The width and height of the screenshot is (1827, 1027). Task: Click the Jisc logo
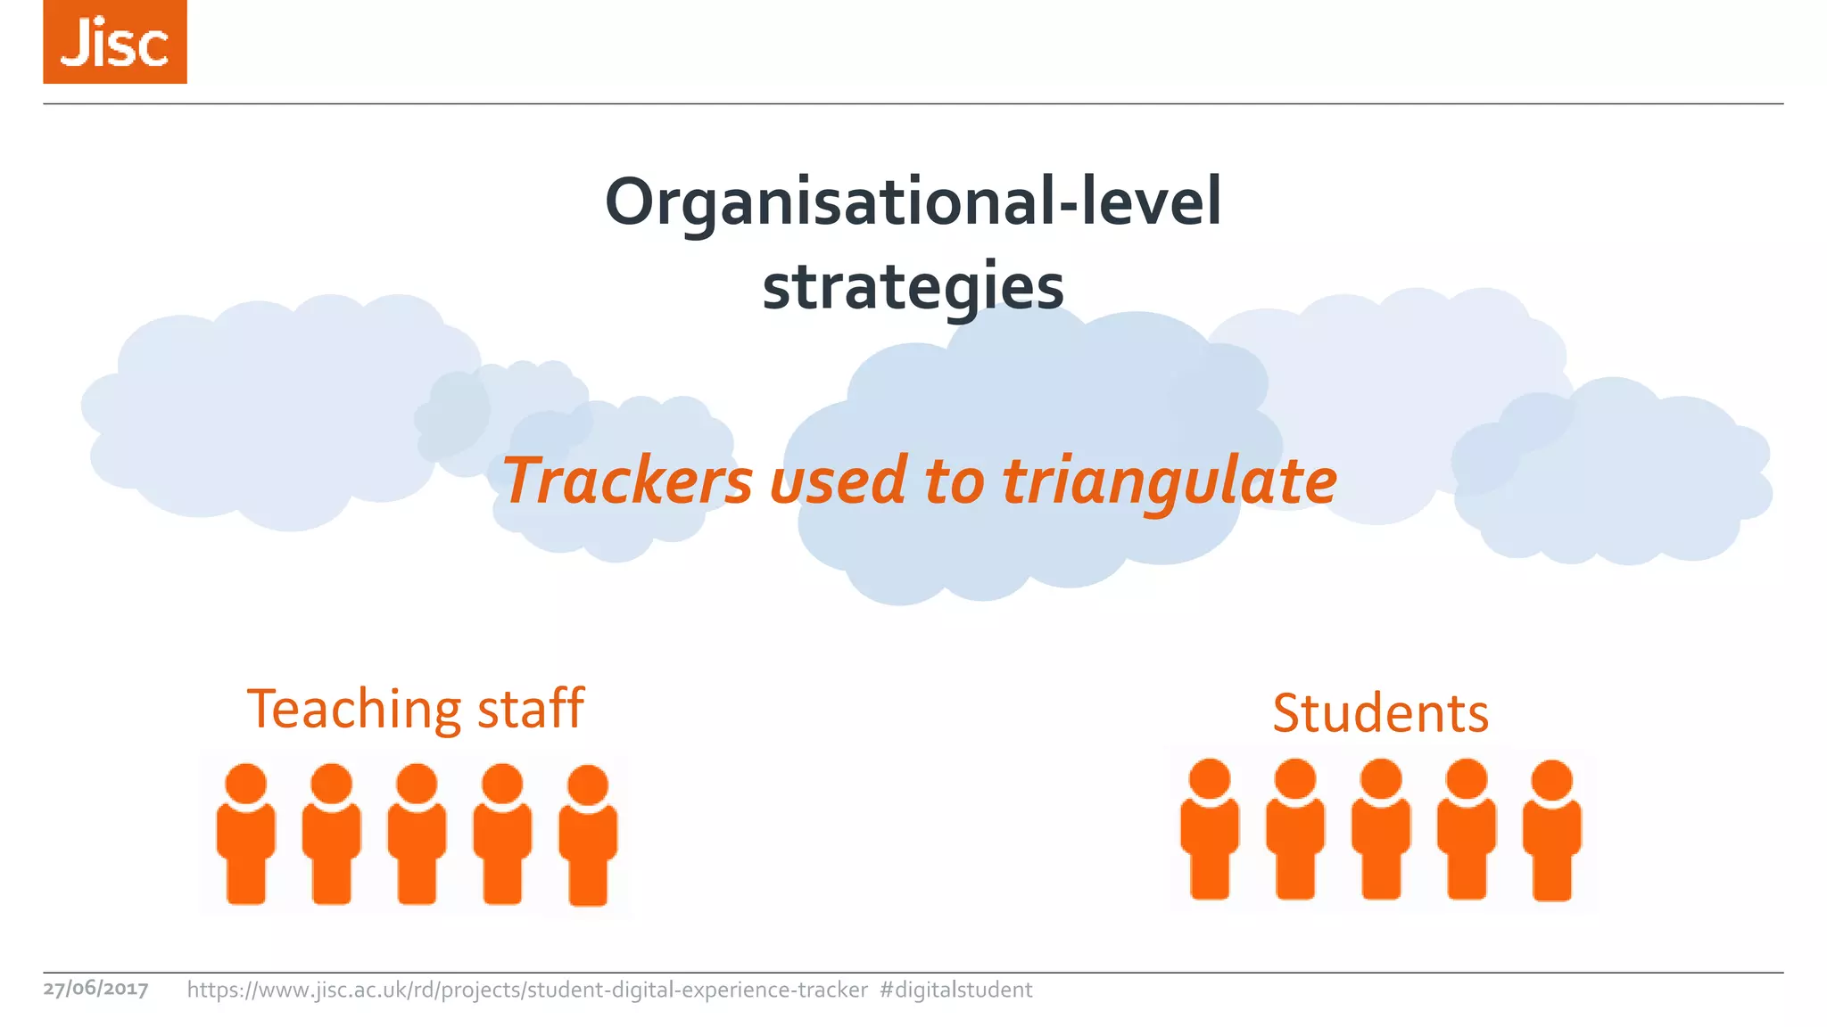click(115, 42)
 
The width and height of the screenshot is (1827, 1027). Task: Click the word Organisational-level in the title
click(913, 202)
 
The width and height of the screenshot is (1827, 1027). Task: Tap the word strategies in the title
click(913, 287)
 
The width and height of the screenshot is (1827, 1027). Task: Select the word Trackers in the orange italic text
click(628, 481)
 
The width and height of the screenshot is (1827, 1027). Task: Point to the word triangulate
click(1170, 481)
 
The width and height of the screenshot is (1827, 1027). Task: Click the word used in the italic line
click(838, 481)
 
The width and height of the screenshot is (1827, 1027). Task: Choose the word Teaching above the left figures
click(354, 710)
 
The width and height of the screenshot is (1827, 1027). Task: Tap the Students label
click(1380, 713)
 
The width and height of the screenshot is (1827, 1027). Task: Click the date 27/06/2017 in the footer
click(95, 989)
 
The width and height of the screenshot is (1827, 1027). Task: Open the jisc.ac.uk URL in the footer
click(527, 990)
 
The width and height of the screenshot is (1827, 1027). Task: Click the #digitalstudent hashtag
click(955, 990)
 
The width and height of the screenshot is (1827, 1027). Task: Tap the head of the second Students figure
click(1295, 778)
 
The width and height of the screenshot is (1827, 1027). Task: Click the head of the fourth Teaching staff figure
click(502, 784)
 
